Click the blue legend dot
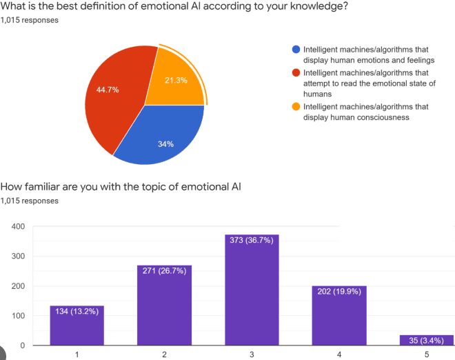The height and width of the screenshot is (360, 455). [x=296, y=50]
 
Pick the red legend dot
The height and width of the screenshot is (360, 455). [x=296, y=73]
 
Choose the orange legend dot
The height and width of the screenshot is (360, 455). [x=296, y=107]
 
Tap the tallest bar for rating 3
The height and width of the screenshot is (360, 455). [x=252, y=290]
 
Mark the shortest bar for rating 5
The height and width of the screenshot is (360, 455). [x=427, y=340]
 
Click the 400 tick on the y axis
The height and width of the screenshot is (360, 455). [x=18, y=227]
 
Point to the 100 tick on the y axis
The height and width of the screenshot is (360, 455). [x=18, y=316]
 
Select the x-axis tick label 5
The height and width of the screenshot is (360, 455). [x=427, y=354]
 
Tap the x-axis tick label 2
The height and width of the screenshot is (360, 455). [x=164, y=354]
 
